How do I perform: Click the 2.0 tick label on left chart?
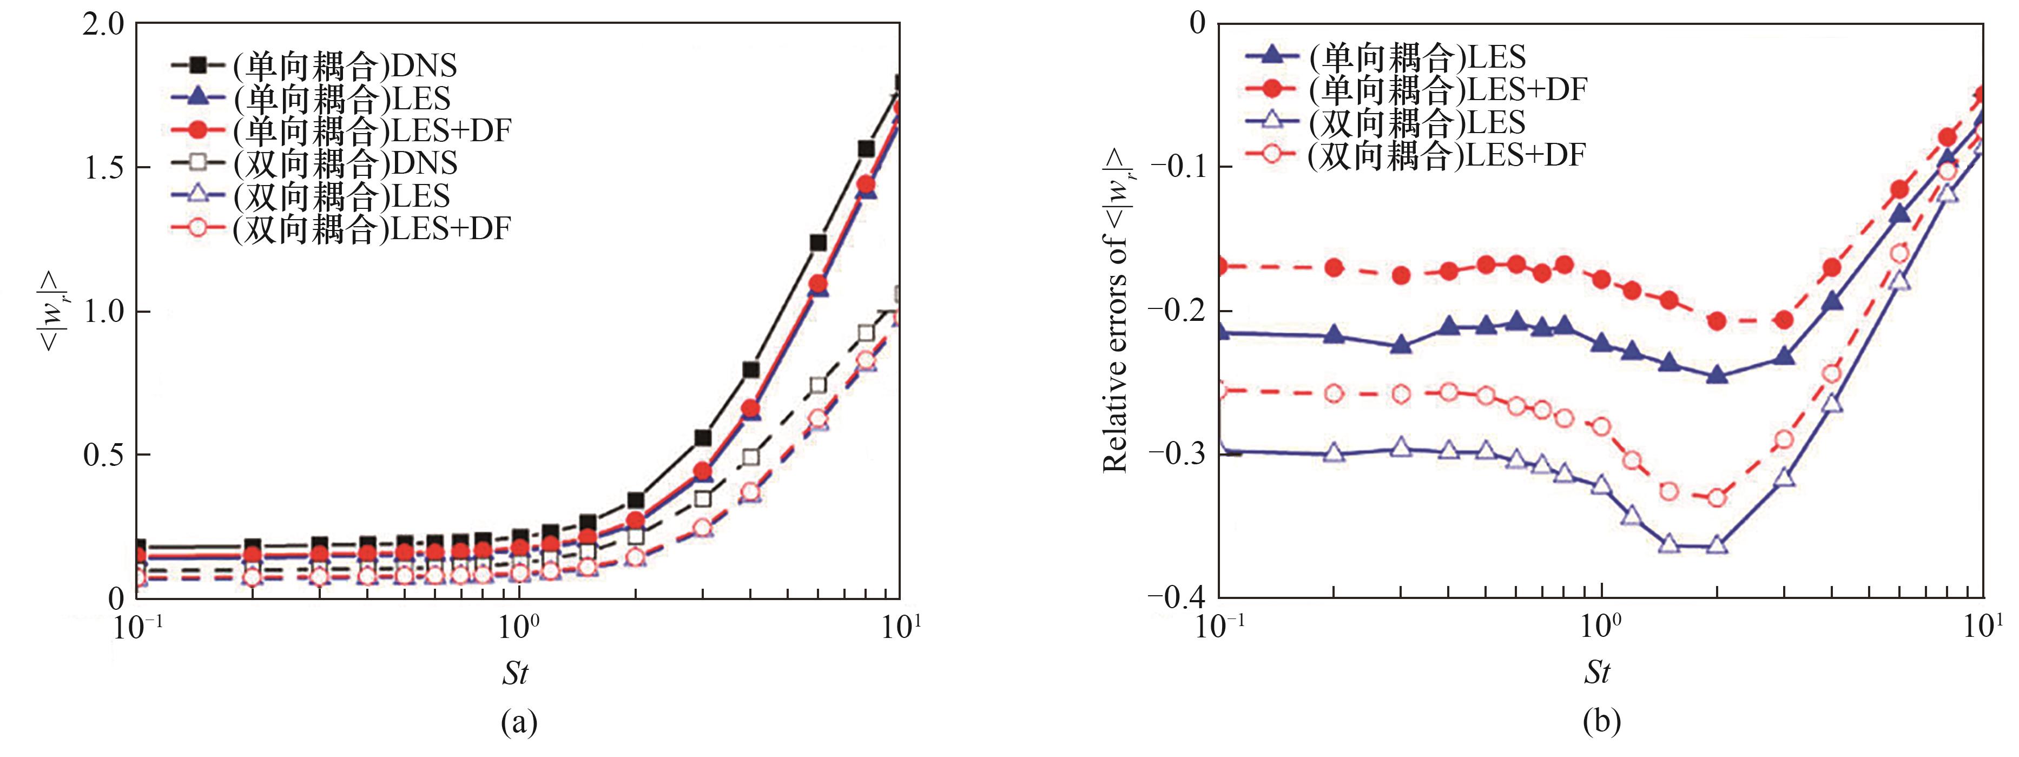[103, 24]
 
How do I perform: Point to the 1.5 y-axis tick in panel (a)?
[103, 168]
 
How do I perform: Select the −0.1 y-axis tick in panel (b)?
[1177, 167]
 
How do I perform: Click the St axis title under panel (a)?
[515, 673]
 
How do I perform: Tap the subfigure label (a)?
[518, 722]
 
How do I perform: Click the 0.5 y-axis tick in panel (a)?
[103, 455]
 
